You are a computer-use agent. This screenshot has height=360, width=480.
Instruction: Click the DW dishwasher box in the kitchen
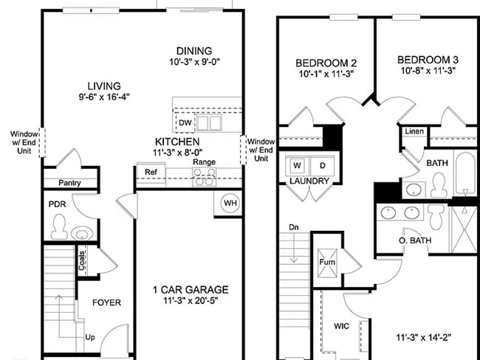point(185,122)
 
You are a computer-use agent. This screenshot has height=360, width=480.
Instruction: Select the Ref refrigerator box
point(151,173)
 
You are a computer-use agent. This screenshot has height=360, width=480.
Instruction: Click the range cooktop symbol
point(204,177)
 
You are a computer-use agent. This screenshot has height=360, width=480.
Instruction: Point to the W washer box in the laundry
point(298,165)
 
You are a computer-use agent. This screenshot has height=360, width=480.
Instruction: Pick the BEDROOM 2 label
point(326,62)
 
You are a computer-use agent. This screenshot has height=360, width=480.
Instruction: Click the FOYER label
point(106,302)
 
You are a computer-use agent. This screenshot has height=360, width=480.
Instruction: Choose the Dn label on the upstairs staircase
point(294,227)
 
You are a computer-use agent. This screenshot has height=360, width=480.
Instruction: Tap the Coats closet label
point(81,260)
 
